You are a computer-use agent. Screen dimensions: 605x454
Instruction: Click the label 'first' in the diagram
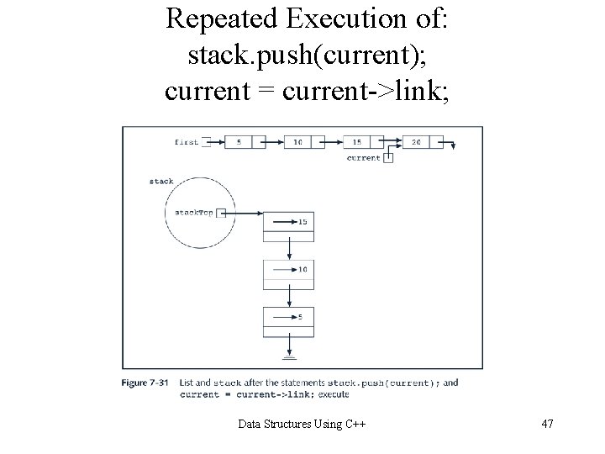tap(187, 142)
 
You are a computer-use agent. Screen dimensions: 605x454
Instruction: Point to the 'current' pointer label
tap(364, 157)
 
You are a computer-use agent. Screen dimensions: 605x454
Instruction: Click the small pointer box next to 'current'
tap(388, 157)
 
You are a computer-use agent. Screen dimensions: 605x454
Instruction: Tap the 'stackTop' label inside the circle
tap(192, 213)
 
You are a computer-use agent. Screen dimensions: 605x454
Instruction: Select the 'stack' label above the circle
tap(161, 181)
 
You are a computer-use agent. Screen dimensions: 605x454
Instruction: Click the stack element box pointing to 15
tap(289, 222)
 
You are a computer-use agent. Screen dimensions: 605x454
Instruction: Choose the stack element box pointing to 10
tap(289, 270)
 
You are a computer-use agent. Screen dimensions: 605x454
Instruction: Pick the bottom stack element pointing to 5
tap(289, 318)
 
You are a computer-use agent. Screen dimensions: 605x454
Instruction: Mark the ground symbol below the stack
tap(289, 356)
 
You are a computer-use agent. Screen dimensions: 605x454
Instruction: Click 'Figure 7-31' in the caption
tap(146, 383)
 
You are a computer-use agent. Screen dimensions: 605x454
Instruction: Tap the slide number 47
tap(547, 424)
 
